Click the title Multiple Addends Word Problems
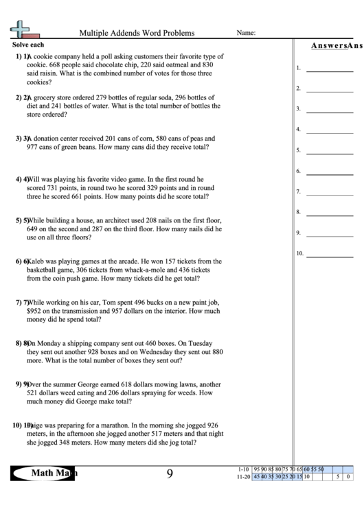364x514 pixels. pos(137,33)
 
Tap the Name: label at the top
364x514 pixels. pos(246,33)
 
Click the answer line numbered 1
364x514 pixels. pos(330,69)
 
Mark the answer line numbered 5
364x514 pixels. pos(330,151)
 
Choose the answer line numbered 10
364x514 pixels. pos(330,254)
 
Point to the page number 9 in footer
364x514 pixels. pos(170,474)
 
